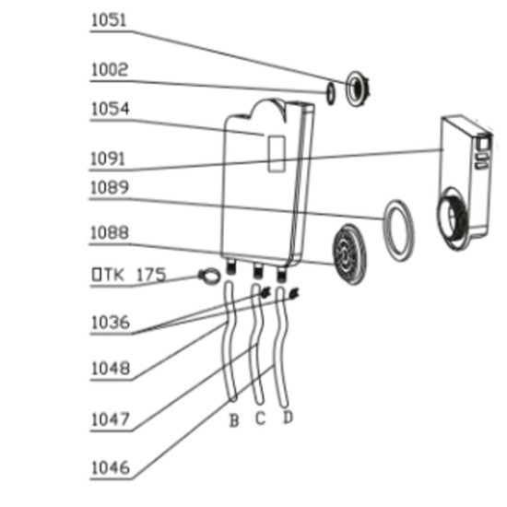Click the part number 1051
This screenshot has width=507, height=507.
pos(109,20)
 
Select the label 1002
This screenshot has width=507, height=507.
pos(110,69)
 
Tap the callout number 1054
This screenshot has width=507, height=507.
pos(111,109)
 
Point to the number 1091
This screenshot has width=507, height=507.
pos(107,159)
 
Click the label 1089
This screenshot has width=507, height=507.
pos(110,187)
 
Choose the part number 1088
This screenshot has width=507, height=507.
pos(110,233)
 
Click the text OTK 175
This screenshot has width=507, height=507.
pos(129,275)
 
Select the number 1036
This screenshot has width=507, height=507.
pos(111,323)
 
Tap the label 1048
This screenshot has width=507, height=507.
pos(111,369)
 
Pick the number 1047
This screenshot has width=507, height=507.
pos(111,419)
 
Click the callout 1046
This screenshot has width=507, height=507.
pos(111,467)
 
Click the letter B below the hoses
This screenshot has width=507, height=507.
pos(234,420)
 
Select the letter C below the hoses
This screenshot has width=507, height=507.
pos(261,419)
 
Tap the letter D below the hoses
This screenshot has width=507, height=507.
pos(288,417)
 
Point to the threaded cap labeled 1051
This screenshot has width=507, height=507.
pos(358,88)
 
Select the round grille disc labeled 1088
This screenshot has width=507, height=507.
pos(349,254)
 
